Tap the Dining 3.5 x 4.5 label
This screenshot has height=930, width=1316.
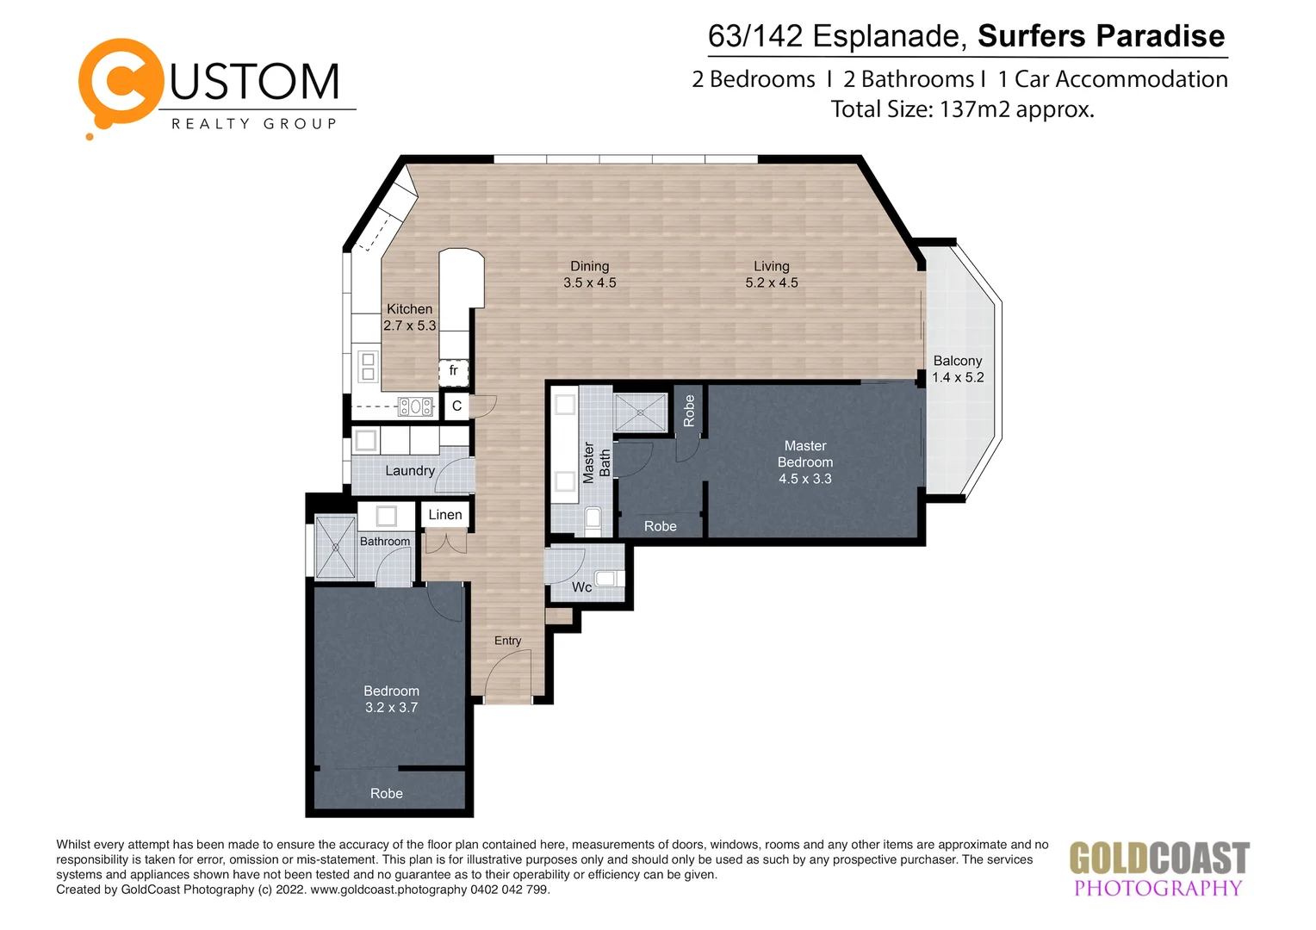coord(589,275)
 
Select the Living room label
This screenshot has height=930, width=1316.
coord(771,267)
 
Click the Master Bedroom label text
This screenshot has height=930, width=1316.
coord(804,454)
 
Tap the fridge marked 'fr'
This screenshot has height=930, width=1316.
coord(453,371)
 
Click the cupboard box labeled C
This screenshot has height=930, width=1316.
coord(456,406)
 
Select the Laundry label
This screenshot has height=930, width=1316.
coord(409,471)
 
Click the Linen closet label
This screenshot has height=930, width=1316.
coord(444,515)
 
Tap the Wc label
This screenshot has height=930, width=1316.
coord(581,587)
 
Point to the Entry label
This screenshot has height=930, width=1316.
coord(507,641)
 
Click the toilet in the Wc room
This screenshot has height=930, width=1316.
coord(607,579)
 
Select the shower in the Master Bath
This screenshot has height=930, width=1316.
coord(640,412)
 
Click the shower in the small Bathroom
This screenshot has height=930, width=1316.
coord(335,547)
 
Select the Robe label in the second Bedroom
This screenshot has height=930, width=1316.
coord(386,794)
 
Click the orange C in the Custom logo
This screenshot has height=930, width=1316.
coord(121,83)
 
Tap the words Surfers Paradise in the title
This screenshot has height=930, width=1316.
coord(1101,36)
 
